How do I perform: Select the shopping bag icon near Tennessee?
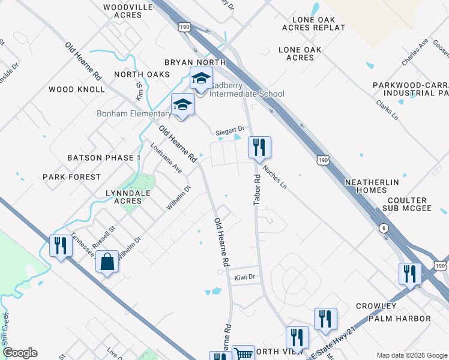pyautogui.click(x=107, y=262)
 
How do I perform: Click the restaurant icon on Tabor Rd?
pyautogui.click(x=259, y=147)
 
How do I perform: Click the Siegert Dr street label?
pyautogui.click(x=231, y=129)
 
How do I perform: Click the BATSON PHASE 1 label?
pyautogui.click(x=104, y=158)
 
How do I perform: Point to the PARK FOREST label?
pyautogui.click(x=71, y=177)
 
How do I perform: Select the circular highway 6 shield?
pyautogui.click(x=382, y=228)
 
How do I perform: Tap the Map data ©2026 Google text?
pyautogui.click(x=412, y=355)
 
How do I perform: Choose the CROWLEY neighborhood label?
pyautogui.click(x=376, y=306)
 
